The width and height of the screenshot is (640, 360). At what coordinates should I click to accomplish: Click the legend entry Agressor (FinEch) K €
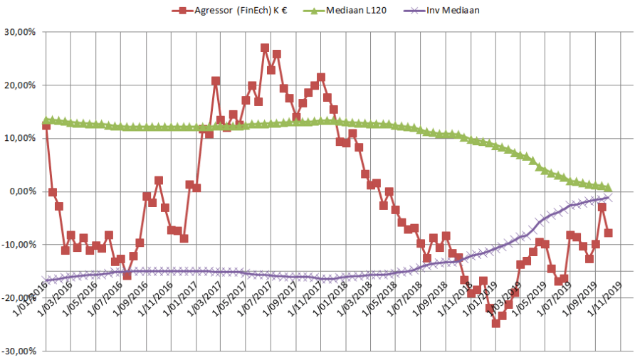tap(229, 11)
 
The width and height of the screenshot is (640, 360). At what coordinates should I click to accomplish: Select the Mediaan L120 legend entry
tap(349, 11)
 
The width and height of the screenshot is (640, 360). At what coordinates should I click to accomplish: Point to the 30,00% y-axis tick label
tap(20, 33)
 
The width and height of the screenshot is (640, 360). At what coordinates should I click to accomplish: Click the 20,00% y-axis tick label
tap(20, 85)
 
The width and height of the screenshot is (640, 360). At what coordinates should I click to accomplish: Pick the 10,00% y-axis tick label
tap(20, 138)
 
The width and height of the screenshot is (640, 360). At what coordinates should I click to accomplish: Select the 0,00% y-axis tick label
tap(22, 191)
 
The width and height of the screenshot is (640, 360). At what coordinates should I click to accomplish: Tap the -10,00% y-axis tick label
tap(19, 245)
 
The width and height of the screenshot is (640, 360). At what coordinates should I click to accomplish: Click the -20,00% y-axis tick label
tap(19, 297)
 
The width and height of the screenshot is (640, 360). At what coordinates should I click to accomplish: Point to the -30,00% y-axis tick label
tap(19, 351)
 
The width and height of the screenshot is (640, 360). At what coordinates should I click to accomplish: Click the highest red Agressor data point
tap(265, 48)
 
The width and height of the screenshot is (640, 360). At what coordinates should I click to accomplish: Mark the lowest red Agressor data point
tap(496, 323)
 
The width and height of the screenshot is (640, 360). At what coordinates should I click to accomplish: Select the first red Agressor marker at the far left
tap(46, 126)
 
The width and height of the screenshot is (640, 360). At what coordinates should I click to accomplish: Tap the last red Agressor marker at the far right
tap(609, 233)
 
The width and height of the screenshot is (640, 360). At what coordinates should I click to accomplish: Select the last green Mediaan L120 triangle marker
tap(609, 188)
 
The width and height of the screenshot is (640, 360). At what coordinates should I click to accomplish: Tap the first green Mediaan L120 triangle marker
tap(46, 121)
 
